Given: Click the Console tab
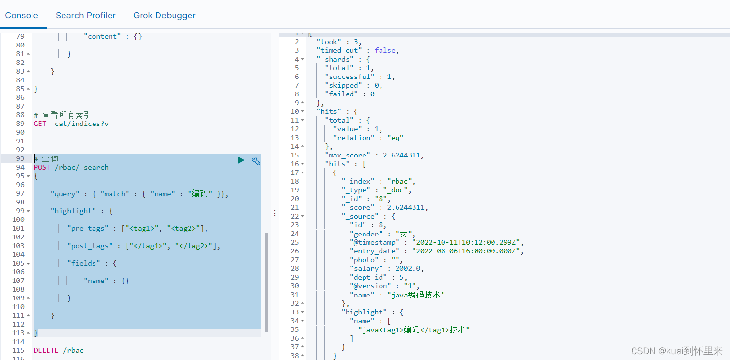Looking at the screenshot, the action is point(21,16).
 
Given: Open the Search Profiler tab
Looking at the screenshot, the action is point(86,16).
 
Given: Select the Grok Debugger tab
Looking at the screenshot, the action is point(165,16).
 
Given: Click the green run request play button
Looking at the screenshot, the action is point(241,160).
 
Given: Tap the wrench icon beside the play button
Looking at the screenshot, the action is point(256,160).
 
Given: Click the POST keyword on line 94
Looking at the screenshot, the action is point(42,167).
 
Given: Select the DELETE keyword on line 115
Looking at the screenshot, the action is point(46,350).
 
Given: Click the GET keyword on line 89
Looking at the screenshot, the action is point(40,124).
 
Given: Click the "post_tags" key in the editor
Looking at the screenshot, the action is point(90,246).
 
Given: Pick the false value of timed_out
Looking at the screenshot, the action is point(385,50).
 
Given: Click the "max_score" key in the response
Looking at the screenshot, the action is point(348,155).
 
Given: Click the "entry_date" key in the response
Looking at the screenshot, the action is point(374,251).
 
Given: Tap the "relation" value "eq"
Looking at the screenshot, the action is point(396,138).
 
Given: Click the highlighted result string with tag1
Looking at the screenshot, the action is point(414,329).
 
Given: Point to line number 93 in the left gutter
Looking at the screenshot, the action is point(20,158).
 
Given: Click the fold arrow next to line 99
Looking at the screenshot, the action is point(28,211).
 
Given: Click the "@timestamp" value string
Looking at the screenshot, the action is point(466,242).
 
